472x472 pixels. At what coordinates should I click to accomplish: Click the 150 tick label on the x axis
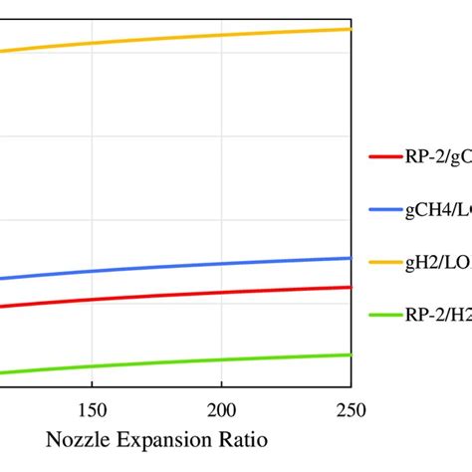[92, 409]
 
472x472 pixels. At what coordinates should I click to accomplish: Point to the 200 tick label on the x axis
[221, 409]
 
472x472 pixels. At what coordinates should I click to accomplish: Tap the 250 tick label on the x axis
[351, 409]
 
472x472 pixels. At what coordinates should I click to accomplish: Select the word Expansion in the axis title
[158, 438]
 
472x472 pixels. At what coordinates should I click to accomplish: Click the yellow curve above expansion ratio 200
[221, 34]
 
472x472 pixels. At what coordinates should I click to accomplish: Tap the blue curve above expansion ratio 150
[92, 271]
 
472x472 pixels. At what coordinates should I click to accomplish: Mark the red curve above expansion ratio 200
[221, 292]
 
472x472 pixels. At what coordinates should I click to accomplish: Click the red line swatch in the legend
[384, 156]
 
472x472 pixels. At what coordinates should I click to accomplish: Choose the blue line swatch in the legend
[384, 209]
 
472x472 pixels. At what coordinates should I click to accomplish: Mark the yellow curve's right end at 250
[350, 29]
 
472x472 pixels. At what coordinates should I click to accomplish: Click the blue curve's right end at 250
[350, 258]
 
